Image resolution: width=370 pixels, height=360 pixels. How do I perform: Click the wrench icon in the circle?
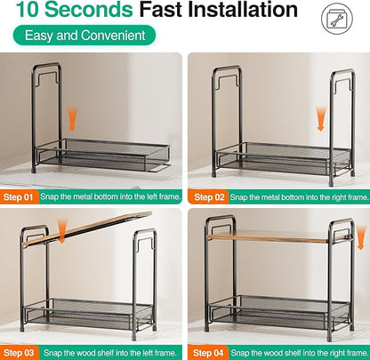tap(337, 19)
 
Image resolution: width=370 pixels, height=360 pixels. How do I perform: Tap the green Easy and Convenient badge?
tap(84, 36)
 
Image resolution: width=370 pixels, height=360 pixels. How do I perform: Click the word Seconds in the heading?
tap(89, 9)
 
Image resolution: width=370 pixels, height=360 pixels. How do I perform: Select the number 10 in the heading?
tap(28, 9)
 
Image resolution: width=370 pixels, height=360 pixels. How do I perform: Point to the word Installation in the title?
tap(243, 9)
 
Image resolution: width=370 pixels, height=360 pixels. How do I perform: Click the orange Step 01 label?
tap(19, 197)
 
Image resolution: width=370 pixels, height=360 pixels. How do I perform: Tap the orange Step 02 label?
tap(209, 197)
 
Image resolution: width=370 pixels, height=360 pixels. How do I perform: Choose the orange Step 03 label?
tap(19, 353)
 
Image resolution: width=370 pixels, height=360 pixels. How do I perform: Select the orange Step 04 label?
tap(208, 353)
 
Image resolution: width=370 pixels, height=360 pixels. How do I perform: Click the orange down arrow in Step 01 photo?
tap(72, 119)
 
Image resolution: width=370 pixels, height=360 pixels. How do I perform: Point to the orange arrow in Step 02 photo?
tap(321, 119)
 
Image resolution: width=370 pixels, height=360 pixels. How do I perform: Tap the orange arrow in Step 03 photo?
tap(61, 231)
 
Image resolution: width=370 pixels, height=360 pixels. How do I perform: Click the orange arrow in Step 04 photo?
tap(360, 237)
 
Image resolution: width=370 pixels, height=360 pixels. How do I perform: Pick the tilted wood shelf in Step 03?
tap(87, 228)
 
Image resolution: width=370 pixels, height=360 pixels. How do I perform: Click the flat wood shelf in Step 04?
tap(278, 236)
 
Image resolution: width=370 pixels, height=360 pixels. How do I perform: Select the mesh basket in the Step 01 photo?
tap(103, 156)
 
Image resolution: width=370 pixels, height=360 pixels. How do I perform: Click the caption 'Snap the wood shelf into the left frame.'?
tap(110, 353)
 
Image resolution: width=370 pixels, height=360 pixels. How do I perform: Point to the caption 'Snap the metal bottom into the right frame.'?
tap(300, 197)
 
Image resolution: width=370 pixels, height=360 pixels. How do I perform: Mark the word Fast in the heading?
tap(160, 9)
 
